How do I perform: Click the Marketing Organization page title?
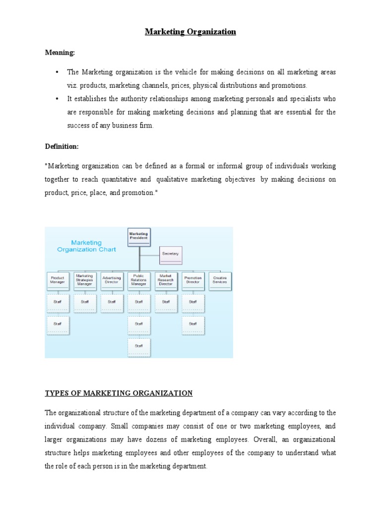click(x=190, y=32)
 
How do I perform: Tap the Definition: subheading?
click(x=62, y=146)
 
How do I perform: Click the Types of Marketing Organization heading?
click(x=119, y=393)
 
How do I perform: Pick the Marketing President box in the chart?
click(x=138, y=236)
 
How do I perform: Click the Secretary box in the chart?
click(x=170, y=254)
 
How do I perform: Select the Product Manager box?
click(x=58, y=280)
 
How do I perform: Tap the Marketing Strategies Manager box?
click(x=84, y=280)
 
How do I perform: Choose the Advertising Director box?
click(x=112, y=280)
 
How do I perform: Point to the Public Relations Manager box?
click(x=138, y=280)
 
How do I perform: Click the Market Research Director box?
click(x=166, y=280)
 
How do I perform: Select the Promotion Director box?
click(x=192, y=280)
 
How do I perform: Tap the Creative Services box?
click(x=220, y=280)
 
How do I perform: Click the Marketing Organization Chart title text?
click(x=86, y=246)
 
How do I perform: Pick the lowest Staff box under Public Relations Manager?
click(x=138, y=346)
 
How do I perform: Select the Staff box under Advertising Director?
click(x=112, y=302)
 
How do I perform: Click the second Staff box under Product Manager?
click(x=58, y=324)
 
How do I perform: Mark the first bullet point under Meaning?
click(x=58, y=72)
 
